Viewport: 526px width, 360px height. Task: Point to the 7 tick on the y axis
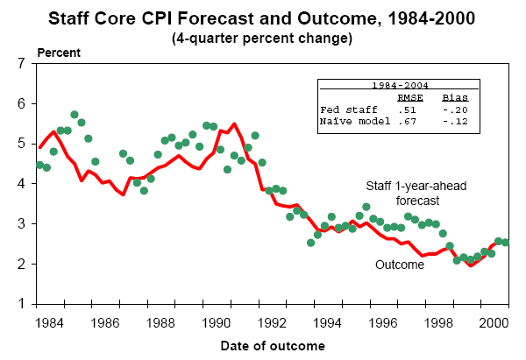(24, 64)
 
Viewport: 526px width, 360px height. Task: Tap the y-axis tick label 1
(24, 304)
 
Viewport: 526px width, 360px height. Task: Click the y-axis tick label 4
(24, 184)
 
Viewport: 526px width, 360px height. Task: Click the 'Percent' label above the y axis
(58, 53)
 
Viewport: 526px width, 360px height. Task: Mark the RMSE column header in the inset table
(410, 98)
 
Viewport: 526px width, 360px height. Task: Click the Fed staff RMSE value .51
(407, 109)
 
